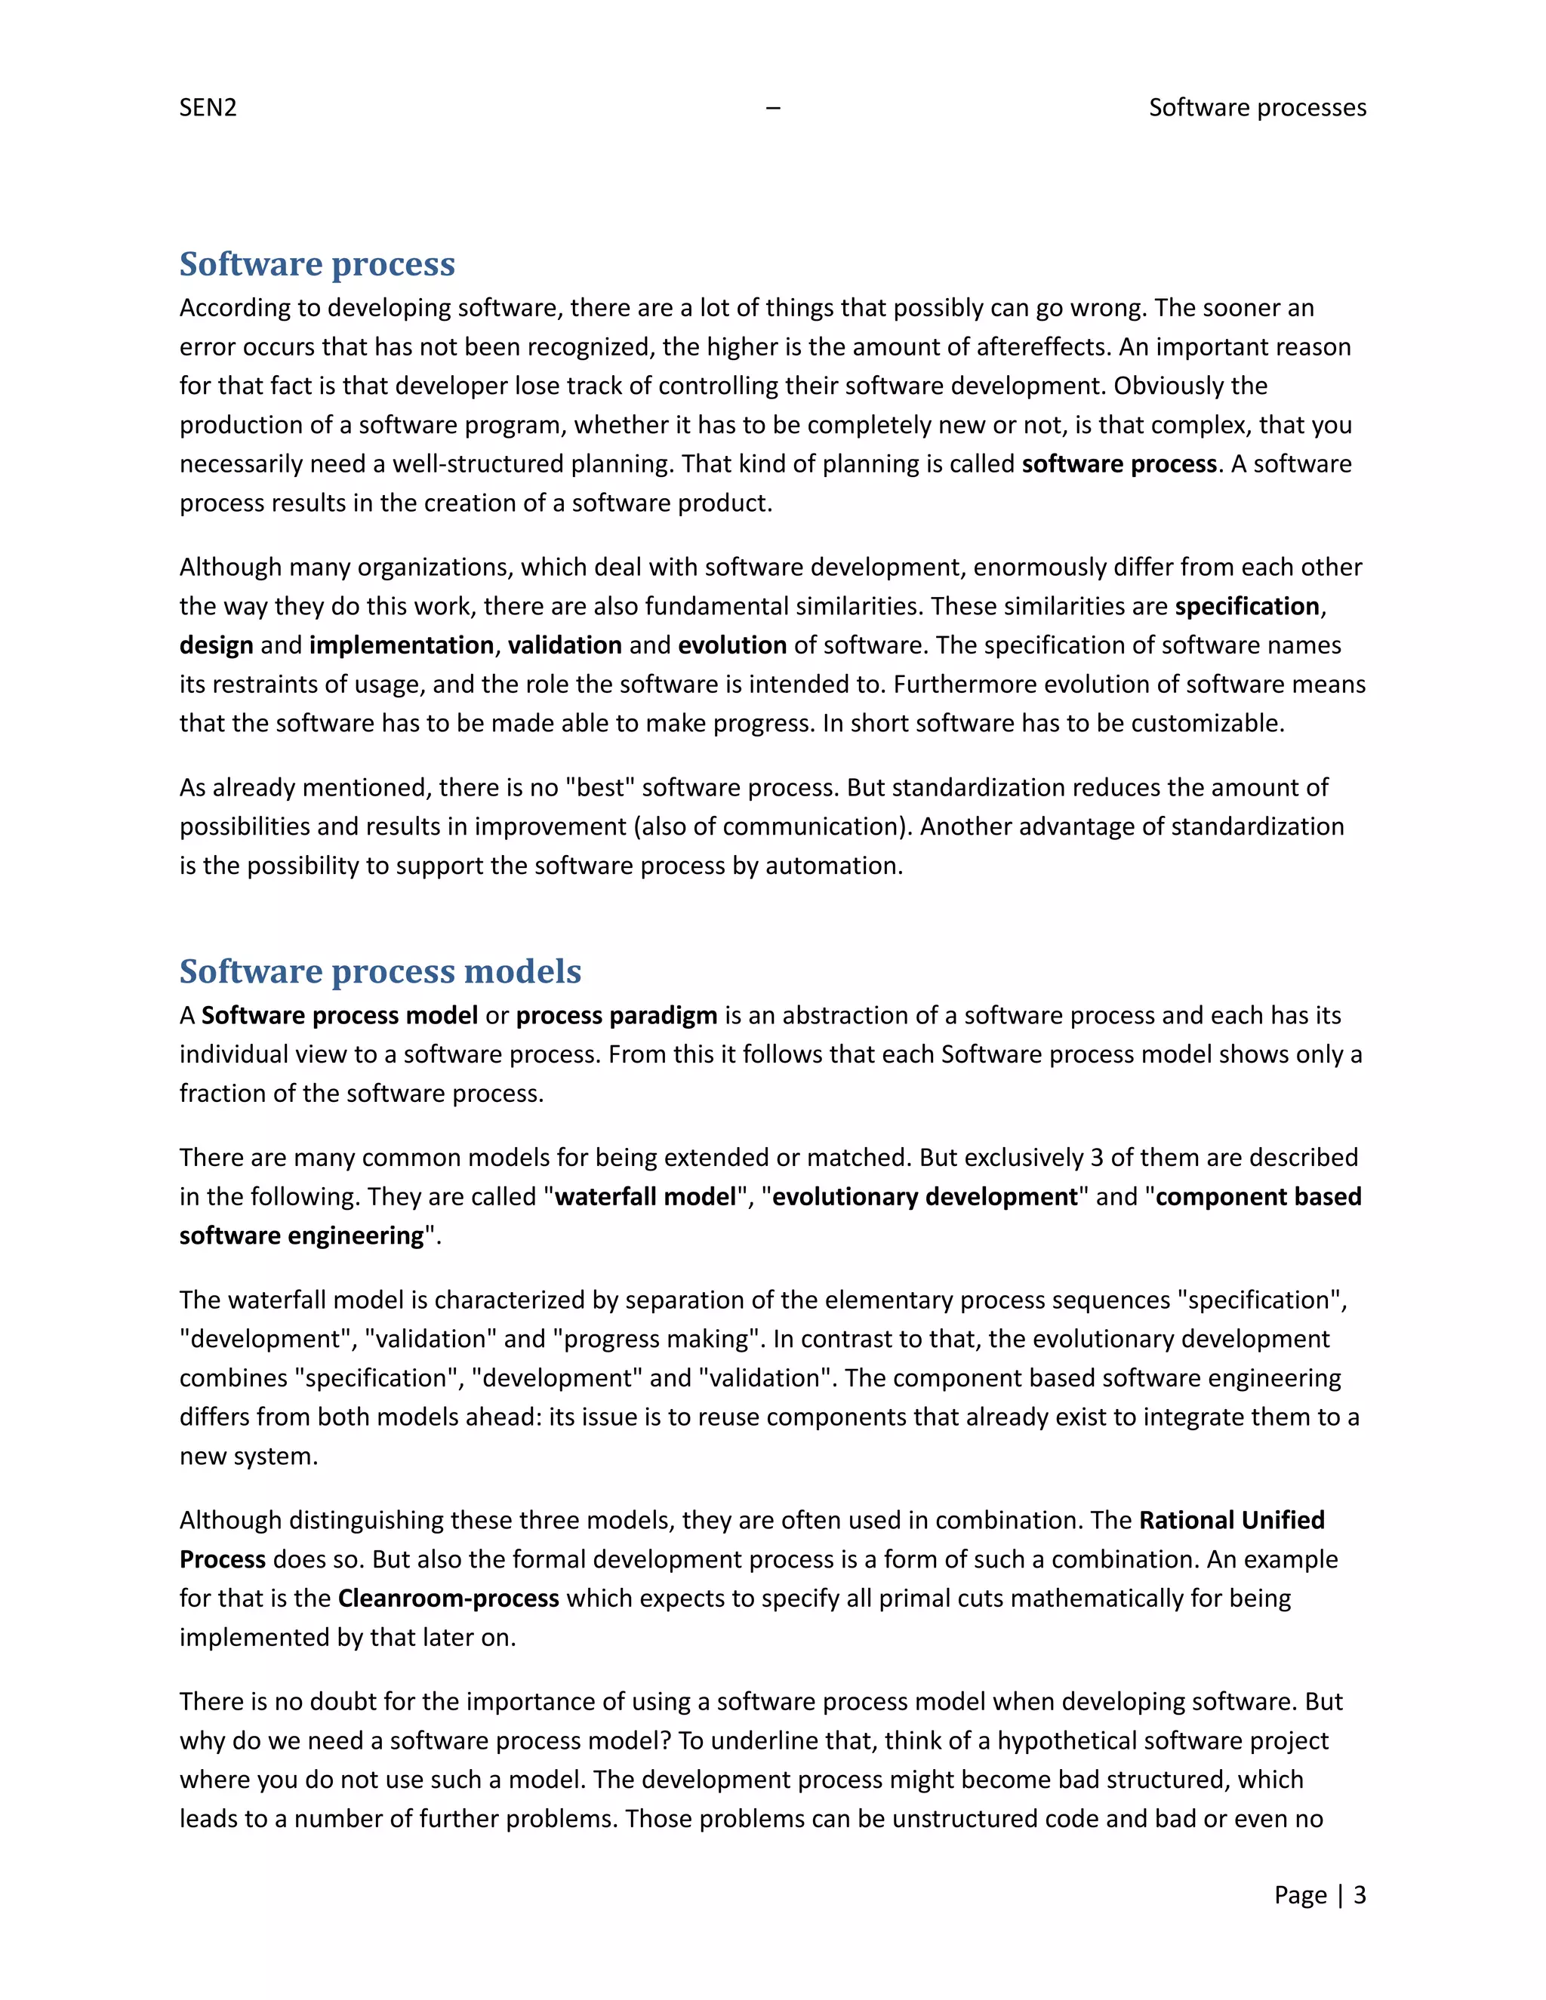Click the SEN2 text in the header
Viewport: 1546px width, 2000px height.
(x=208, y=108)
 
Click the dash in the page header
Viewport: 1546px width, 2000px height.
(x=773, y=108)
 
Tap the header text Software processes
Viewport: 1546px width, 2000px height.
(x=1257, y=108)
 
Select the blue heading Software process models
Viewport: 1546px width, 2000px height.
(x=380, y=971)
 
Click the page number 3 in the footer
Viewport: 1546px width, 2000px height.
(x=1359, y=1894)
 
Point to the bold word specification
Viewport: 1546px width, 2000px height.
(x=1246, y=606)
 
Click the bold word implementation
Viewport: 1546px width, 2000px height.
(x=401, y=645)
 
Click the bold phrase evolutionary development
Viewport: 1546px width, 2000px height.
(x=925, y=1197)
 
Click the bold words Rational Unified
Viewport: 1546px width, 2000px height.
(x=1231, y=1520)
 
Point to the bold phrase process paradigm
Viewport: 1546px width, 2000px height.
(x=617, y=1016)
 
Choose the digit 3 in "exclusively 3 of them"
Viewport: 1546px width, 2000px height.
(x=1096, y=1158)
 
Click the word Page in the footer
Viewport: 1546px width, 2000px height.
(x=1300, y=1894)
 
